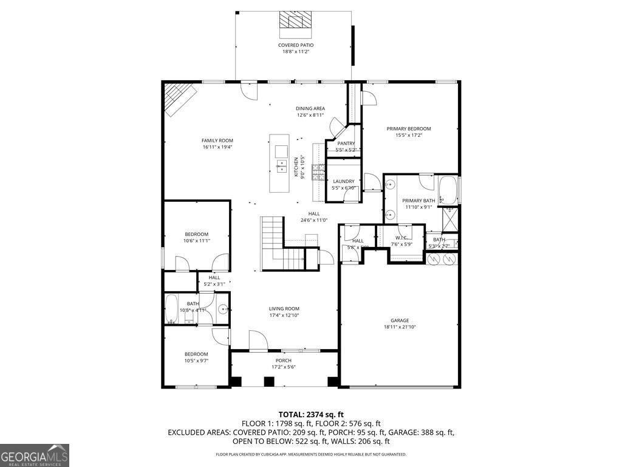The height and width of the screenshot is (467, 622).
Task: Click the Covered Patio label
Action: pyautogui.click(x=296, y=45)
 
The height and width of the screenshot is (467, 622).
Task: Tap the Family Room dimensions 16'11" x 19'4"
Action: pyautogui.click(x=217, y=147)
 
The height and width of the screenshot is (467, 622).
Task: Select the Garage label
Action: pyautogui.click(x=399, y=320)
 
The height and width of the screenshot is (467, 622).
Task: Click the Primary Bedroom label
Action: pyautogui.click(x=409, y=128)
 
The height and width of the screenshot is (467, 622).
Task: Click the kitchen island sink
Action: pyautogui.click(x=281, y=151)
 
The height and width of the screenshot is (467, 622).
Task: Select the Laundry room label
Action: pyautogui.click(x=343, y=181)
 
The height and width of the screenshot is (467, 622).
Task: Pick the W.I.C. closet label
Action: pyautogui.click(x=401, y=238)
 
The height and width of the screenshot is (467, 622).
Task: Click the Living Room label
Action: pyautogui.click(x=284, y=308)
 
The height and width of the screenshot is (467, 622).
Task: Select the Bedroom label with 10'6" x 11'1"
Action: pyautogui.click(x=197, y=234)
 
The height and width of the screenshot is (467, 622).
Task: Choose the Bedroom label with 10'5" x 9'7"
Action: pyautogui.click(x=197, y=354)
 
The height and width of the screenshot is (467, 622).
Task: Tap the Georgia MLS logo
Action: pyautogui.click(x=35, y=455)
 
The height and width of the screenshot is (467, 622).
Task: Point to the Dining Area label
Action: pyautogui.click(x=310, y=108)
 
